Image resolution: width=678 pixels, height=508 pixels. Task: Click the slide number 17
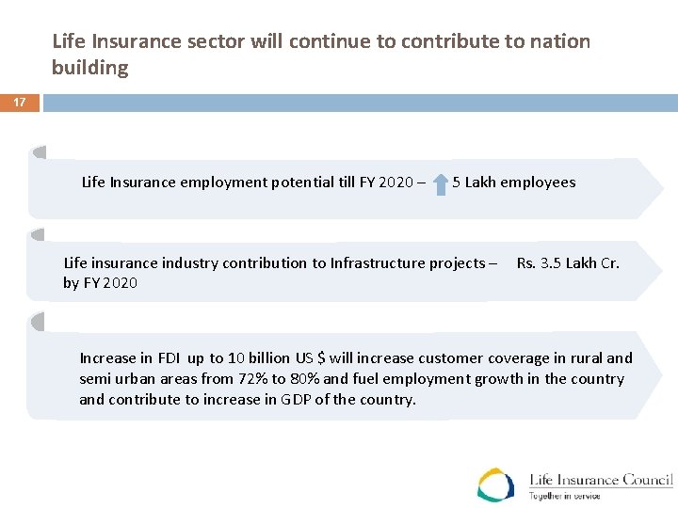click(x=20, y=102)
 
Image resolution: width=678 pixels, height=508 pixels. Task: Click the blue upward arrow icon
click(x=441, y=183)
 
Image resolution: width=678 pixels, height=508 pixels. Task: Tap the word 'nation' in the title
click(x=558, y=41)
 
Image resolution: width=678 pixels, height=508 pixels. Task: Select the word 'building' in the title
click(x=90, y=68)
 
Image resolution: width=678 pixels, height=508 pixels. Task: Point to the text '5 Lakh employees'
click(x=513, y=183)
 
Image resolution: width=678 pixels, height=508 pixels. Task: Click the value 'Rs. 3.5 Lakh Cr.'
click(x=568, y=263)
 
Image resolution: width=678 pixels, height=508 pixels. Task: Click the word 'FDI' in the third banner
click(x=169, y=358)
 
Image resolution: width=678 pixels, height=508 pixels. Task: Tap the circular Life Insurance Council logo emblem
click(x=495, y=484)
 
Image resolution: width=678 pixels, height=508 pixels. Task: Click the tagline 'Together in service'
click(x=564, y=496)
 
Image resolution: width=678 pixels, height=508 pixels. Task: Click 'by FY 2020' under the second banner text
click(x=100, y=283)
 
